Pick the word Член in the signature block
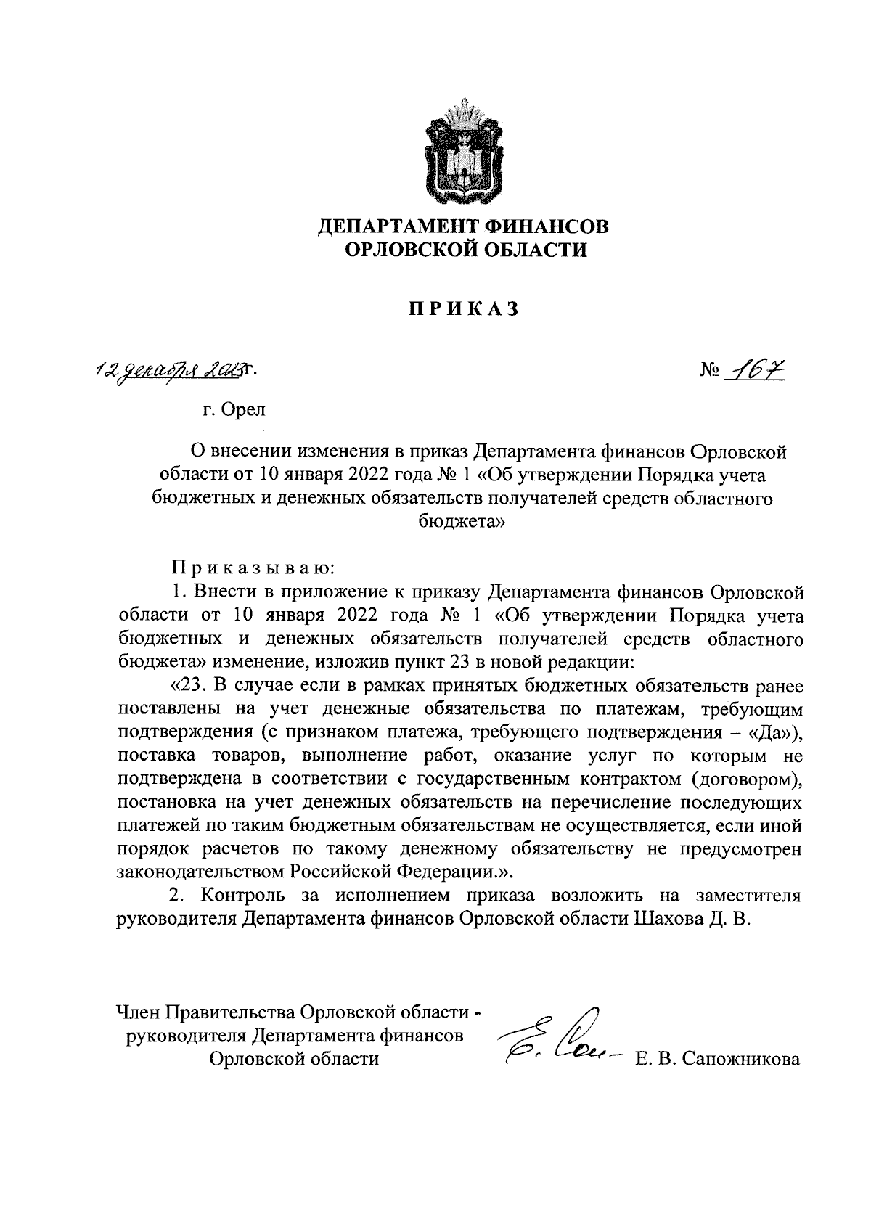click(139, 1011)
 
